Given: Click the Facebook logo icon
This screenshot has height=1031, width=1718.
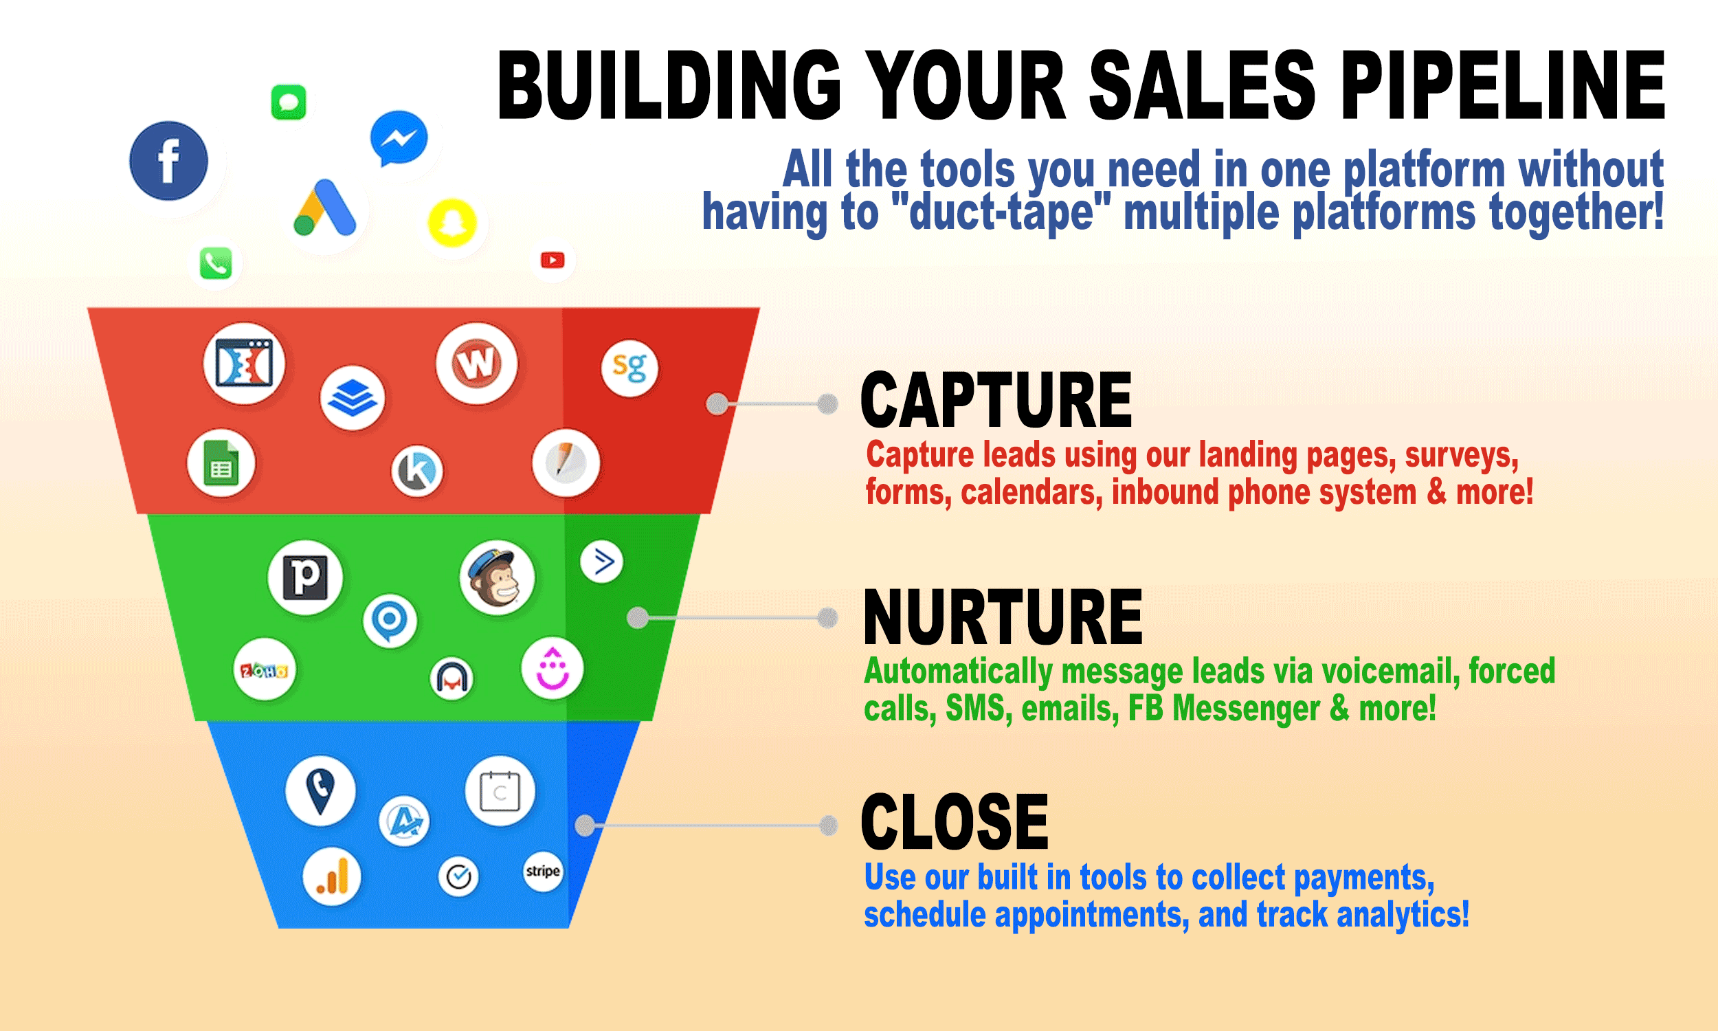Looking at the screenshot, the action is [x=169, y=162].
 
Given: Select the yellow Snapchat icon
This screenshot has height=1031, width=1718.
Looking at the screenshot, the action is [x=452, y=223].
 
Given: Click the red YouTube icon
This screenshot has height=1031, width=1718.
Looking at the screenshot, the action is [x=553, y=260].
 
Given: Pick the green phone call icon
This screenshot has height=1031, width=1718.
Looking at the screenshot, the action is [x=216, y=263].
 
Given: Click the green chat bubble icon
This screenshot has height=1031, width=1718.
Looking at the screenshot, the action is [x=288, y=103].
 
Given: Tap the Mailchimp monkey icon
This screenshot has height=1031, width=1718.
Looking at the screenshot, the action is [x=498, y=578].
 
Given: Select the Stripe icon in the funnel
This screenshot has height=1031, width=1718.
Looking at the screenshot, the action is [x=542, y=872].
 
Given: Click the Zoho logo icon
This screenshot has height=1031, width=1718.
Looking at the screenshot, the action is [x=265, y=670].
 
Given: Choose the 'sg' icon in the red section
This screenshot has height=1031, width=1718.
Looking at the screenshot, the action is [x=630, y=368].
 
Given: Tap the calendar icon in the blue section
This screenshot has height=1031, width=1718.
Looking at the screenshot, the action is [x=500, y=791].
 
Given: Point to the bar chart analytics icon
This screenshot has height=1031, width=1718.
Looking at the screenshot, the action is [x=332, y=878].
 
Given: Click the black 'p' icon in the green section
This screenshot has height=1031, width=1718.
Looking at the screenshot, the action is [x=306, y=577].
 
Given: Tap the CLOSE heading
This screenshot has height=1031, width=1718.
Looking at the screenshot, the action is [x=955, y=822].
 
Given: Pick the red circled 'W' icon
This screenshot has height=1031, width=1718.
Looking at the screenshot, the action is [x=477, y=364].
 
